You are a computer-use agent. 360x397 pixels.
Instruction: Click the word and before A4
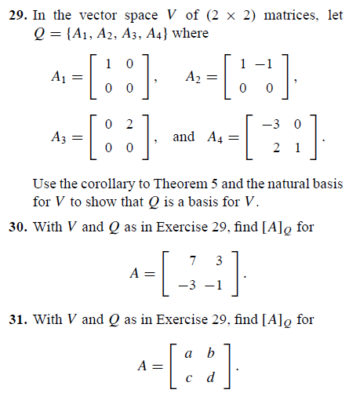(x=184, y=137)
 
